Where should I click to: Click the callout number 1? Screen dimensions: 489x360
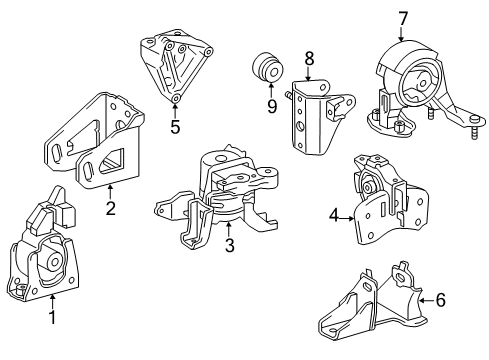coord(52,317)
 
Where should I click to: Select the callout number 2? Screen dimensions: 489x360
coord(110,208)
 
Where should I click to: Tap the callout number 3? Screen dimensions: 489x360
coord(230,245)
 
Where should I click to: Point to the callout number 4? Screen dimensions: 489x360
coord(334,215)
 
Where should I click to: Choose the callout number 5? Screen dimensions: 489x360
coord(175,127)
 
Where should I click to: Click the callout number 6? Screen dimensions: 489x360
coord(440,300)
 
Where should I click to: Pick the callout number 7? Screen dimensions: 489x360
coord(403,19)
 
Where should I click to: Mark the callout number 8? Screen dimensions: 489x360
coord(309,59)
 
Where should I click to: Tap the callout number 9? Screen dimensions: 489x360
coord(272,106)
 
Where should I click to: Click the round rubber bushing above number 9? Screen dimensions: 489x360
coord(267,66)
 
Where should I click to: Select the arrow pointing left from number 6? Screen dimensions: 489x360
coord(426,300)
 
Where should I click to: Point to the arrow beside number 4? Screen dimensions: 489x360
coord(347,219)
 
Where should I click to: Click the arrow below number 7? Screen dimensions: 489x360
coord(401,34)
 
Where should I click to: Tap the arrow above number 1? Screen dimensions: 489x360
coord(52,302)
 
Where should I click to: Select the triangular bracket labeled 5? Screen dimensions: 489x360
coord(175,67)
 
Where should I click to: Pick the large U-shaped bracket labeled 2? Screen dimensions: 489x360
coord(94,141)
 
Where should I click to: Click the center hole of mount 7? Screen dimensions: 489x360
coord(422,83)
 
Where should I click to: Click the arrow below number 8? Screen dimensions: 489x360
coord(308,74)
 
